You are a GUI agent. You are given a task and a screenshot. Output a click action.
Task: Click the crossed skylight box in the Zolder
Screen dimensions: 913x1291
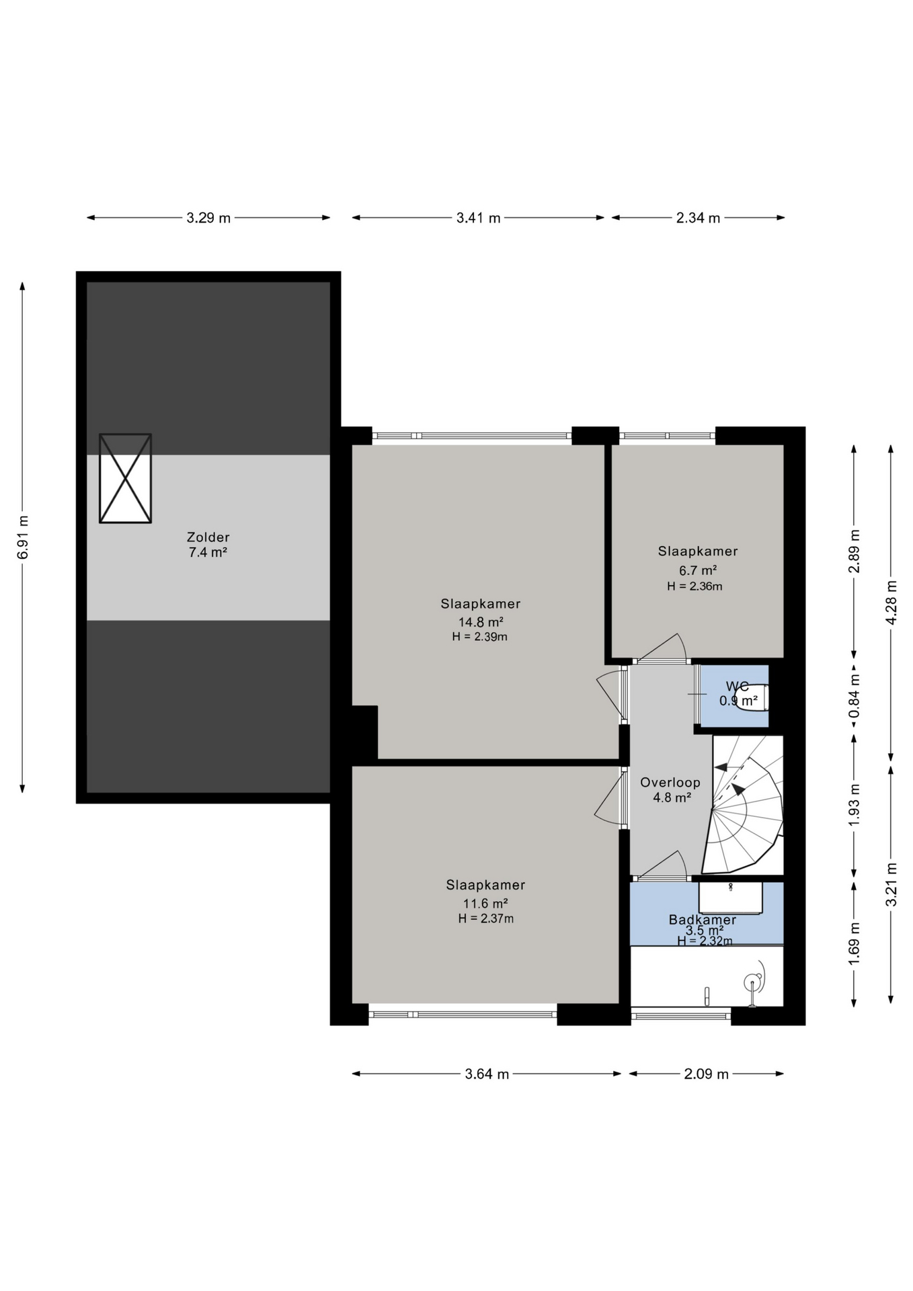tap(125, 478)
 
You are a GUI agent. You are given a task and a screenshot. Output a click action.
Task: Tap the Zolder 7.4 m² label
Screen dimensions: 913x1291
tap(208, 545)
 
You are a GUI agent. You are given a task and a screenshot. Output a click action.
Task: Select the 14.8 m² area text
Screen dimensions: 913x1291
tap(481, 622)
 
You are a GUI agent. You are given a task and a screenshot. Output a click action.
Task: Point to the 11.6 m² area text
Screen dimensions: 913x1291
tap(485, 904)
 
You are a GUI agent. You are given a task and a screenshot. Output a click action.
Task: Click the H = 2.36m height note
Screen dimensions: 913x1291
tap(694, 586)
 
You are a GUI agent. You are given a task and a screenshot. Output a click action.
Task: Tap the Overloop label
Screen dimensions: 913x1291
tap(670, 783)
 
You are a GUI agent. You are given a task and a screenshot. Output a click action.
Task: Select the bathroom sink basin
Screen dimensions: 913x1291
tap(730, 898)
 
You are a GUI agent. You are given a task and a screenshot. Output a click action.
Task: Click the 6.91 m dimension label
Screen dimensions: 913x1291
tap(23, 537)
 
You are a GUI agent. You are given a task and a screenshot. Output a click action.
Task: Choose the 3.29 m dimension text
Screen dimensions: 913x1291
tap(208, 218)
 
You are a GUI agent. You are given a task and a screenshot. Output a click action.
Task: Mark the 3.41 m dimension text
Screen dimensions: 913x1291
tap(479, 218)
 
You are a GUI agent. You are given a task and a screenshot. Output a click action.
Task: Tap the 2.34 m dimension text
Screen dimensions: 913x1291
tap(698, 218)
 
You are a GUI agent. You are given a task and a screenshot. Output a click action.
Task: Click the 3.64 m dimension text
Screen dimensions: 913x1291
tap(487, 1074)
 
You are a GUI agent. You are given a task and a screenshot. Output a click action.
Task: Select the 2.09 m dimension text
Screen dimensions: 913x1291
tap(707, 1074)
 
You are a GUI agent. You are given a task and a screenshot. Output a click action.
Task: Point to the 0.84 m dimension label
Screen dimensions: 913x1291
tap(854, 696)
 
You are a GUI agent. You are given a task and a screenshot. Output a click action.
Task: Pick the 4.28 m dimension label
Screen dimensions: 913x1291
tap(891, 602)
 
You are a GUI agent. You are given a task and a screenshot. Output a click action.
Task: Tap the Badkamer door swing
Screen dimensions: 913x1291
tap(666, 864)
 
